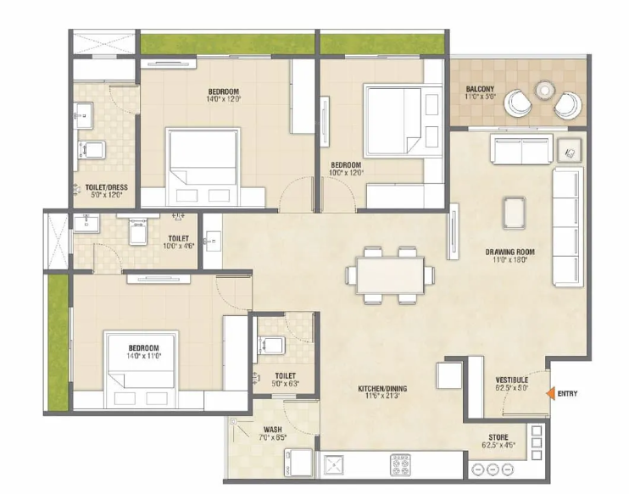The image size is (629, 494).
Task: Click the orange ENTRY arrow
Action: coord(550,393)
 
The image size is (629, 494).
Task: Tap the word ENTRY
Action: coord(568,393)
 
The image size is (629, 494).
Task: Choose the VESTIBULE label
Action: coord(511,380)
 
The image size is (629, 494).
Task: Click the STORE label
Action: coord(499,439)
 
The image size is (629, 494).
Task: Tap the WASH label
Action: coord(272,430)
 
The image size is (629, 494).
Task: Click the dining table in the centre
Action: coord(389,275)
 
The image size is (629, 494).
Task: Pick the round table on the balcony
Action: coord(543,90)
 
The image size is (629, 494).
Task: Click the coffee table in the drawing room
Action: coord(514,212)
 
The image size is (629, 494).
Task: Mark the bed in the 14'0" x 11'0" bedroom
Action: coord(142,359)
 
